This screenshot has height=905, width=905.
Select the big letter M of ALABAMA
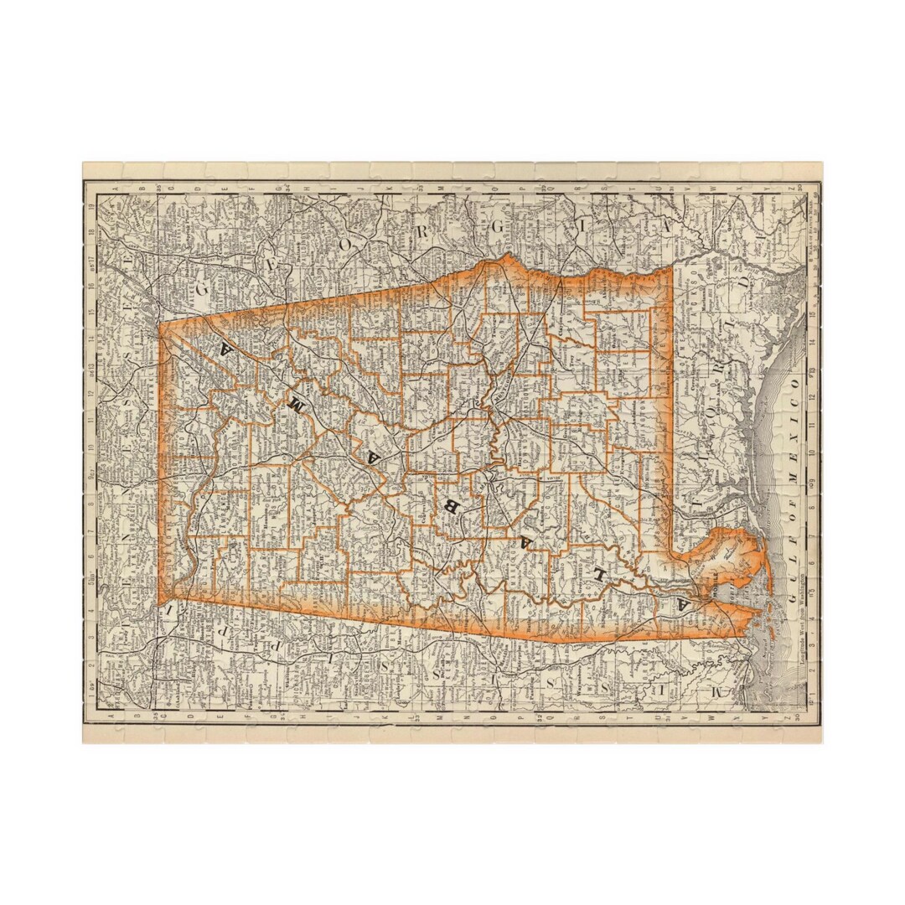(x=295, y=403)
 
